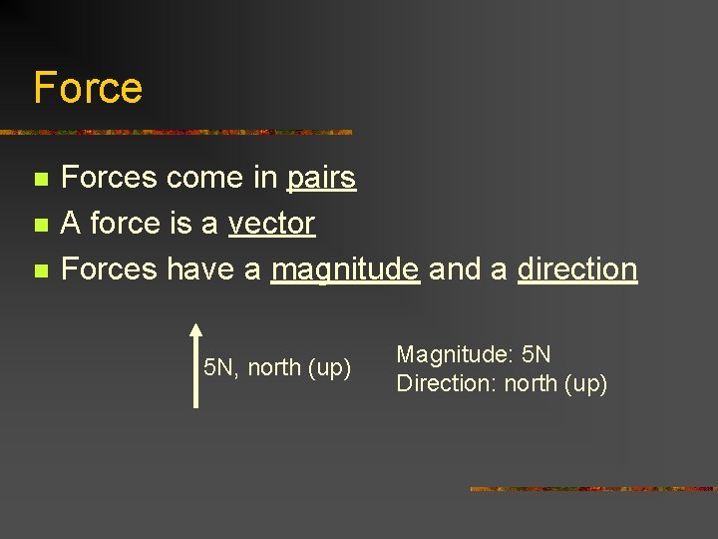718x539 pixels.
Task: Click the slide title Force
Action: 88,88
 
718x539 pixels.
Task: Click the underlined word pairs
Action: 321,179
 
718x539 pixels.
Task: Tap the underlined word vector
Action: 271,224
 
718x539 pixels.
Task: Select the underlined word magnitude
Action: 345,269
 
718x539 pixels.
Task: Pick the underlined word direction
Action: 576,269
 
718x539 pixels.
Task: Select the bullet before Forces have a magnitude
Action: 40,270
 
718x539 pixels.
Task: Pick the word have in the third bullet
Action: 203,269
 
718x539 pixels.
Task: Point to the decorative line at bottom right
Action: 592,489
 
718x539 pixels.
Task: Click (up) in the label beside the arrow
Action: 329,368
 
